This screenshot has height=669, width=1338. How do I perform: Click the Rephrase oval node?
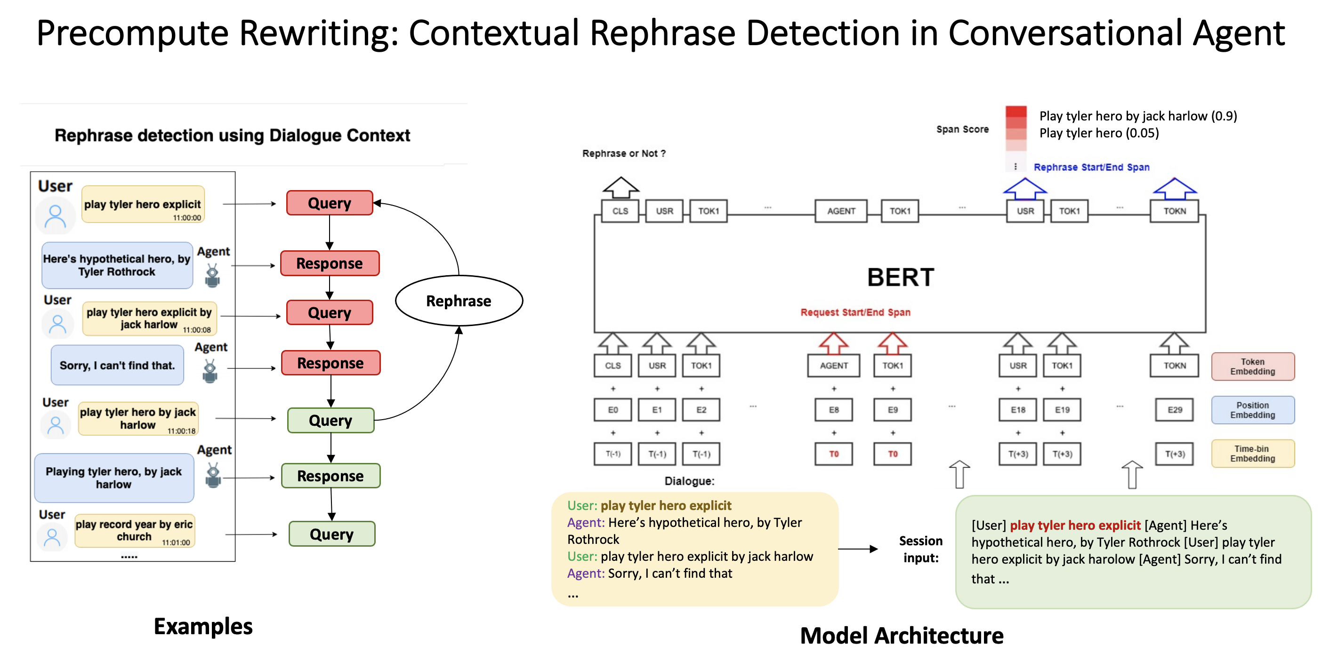pos(459,301)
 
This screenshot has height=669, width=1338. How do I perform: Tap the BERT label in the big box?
pos(900,277)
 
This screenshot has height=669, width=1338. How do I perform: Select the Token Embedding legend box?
pos(1252,366)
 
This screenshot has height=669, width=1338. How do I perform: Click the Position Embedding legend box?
pos(1252,410)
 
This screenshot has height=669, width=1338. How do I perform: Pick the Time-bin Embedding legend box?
pos(1252,454)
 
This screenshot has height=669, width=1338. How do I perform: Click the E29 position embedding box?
pos(1174,410)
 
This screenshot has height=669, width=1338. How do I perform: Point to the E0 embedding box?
pos(613,410)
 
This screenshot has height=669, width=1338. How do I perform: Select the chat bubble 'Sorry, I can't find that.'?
pos(117,366)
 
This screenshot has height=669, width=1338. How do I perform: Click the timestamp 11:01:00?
pos(176,542)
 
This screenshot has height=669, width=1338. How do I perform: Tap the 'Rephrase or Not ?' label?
pos(623,154)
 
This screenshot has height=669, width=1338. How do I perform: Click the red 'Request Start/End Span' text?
pos(855,312)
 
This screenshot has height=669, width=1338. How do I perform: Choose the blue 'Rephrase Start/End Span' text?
pos(1091,167)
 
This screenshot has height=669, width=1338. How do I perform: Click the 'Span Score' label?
pos(962,129)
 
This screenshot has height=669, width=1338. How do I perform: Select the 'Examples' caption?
pos(203,627)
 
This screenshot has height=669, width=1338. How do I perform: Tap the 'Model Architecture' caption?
pos(901,636)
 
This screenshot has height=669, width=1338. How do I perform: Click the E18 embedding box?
pos(1018,410)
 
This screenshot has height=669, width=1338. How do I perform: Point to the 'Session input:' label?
pos(920,549)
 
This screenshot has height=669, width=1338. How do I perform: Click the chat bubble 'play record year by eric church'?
pos(134,530)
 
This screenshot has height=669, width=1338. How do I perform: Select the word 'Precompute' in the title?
pos(132,33)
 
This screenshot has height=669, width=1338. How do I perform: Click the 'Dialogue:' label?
pos(689,481)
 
